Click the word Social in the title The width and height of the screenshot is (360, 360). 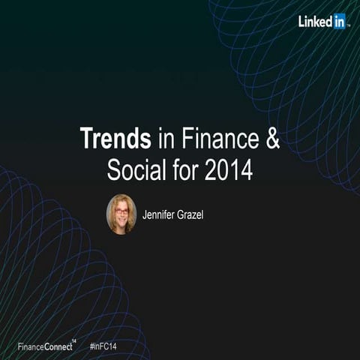134,169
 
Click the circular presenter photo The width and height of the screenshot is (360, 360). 121,214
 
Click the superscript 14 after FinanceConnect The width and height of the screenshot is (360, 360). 73,341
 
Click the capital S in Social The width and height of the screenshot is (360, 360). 112,169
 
